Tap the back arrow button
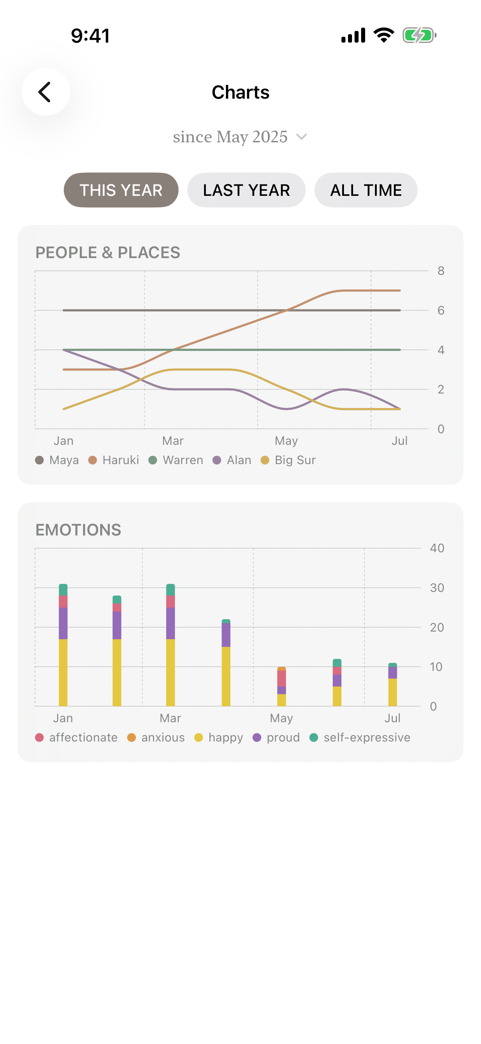[46, 92]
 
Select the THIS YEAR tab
[121, 190]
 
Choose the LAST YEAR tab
[246, 190]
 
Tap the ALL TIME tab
[366, 190]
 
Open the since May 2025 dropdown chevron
[301, 137]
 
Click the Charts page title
[240, 92]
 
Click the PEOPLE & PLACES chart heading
[108, 252]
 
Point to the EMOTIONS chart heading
[78, 530]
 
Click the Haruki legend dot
[93, 460]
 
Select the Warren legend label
[183, 460]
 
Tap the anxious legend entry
[156, 737]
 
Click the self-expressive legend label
[367, 737]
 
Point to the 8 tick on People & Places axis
[441, 271]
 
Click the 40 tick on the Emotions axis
[437, 548]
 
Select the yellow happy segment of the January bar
[63, 673]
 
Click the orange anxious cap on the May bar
[281, 669]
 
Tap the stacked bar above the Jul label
[392, 684]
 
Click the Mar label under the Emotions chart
[170, 718]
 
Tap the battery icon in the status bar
[419, 35]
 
